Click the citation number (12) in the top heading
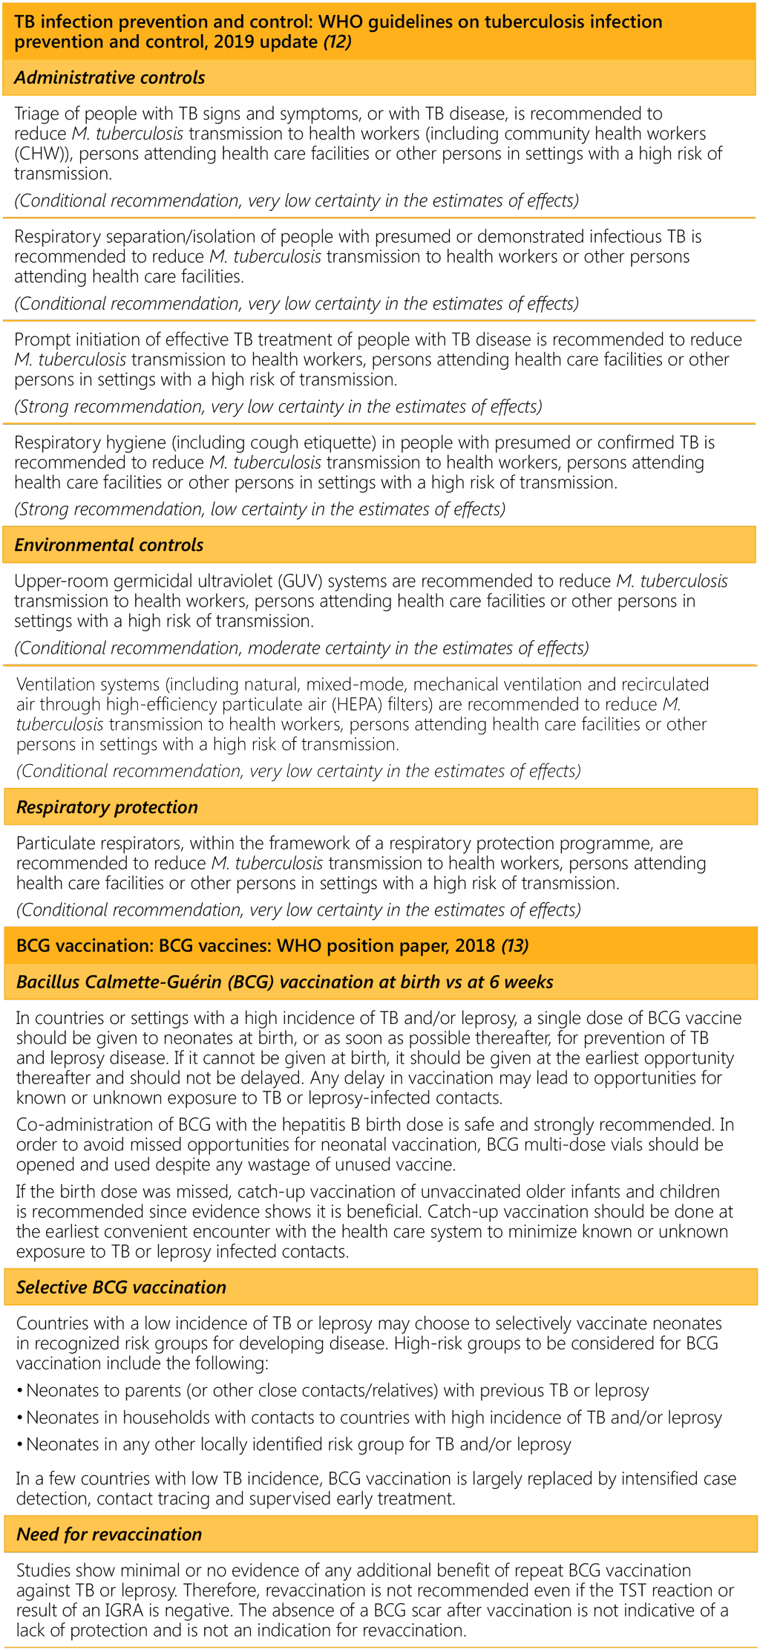click(337, 42)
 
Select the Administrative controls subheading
click(109, 77)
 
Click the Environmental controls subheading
click(108, 544)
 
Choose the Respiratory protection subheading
click(107, 807)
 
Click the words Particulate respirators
click(101, 843)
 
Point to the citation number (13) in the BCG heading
click(515, 945)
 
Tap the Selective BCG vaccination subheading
click(121, 1287)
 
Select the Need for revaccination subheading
click(109, 1534)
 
